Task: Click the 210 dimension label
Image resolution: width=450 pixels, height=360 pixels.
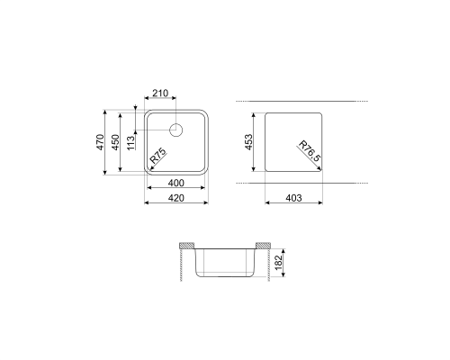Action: pyautogui.click(x=160, y=94)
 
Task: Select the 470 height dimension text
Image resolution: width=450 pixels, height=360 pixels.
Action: pyautogui.click(x=100, y=142)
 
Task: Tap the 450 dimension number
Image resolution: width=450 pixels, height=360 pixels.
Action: pyautogui.click(x=115, y=142)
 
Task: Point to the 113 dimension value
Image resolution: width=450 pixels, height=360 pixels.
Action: pyautogui.click(x=130, y=143)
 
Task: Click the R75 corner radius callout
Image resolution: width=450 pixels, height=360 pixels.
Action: pyautogui.click(x=158, y=156)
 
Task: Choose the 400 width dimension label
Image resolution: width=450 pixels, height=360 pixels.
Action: pyautogui.click(x=176, y=183)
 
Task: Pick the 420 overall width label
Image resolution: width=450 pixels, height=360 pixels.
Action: pyautogui.click(x=176, y=198)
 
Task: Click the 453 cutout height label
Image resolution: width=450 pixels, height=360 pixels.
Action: pyautogui.click(x=248, y=142)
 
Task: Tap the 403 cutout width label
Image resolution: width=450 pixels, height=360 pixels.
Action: pyautogui.click(x=293, y=198)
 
